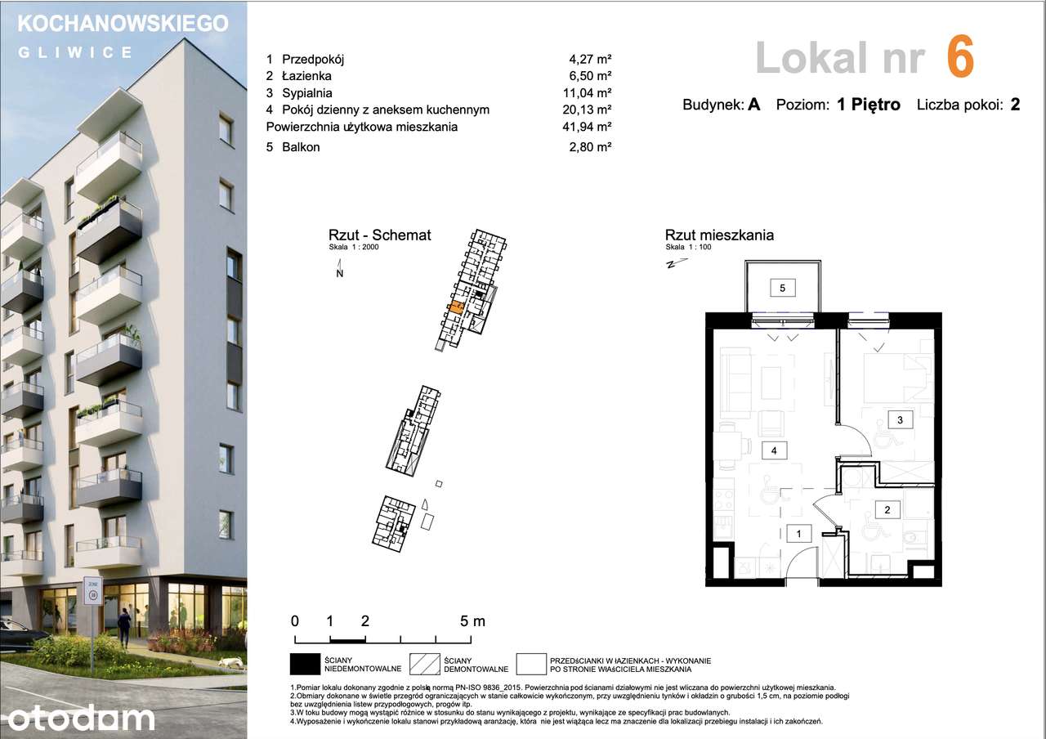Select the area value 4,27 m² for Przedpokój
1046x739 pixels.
tap(590, 59)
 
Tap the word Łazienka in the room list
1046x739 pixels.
tap(306, 76)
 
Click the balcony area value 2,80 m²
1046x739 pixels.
tap(590, 147)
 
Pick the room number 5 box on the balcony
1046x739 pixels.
tap(782, 288)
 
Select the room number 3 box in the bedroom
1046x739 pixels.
tap(900, 420)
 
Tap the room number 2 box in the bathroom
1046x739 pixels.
tap(887, 510)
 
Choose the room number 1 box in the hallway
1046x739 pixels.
tap(799, 534)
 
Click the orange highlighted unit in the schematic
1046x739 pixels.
tap(455, 308)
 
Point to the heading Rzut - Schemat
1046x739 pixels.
tap(379, 235)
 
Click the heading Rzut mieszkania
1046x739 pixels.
tap(719, 235)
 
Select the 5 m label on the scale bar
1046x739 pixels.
tap(472, 621)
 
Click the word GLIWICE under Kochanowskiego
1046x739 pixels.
tap(75, 52)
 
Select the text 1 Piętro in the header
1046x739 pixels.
tap(869, 105)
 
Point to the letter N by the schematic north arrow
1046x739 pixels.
tap(339, 274)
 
